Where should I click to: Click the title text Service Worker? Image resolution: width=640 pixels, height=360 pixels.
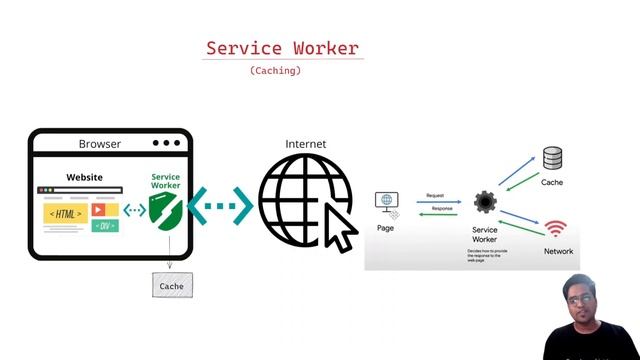(x=282, y=48)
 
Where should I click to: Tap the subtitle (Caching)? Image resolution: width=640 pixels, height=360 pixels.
(x=275, y=71)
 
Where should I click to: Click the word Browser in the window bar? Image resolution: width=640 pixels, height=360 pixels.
(x=100, y=144)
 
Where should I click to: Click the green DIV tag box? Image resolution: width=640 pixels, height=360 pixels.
(x=105, y=226)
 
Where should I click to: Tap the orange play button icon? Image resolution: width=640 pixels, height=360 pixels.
(x=99, y=210)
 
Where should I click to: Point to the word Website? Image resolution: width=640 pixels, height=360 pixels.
(x=85, y=178)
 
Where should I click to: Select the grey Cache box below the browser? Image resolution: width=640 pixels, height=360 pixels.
(x=171, y=286)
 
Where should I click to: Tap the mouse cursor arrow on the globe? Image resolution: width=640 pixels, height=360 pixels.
(x=339, y=228)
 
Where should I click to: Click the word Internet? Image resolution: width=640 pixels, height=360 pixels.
(x=306, y=144)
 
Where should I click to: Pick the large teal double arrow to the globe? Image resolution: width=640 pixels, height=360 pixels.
(x=220, y=207)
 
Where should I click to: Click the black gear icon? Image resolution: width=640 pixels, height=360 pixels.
(x=485, y=202)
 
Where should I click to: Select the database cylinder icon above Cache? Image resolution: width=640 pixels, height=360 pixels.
(x=552, y=158)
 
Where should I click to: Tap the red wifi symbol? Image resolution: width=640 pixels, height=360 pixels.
(x=556, y=229)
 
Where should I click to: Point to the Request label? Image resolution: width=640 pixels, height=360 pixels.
(x=435, y=196)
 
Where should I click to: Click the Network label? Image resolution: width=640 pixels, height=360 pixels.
(x=558, y=251)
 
